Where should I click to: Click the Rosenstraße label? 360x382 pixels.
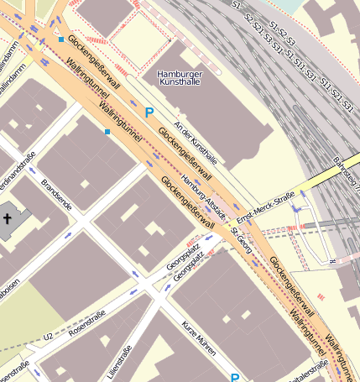87,322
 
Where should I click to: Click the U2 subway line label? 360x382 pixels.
48,338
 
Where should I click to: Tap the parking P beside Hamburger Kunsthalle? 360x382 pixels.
149,113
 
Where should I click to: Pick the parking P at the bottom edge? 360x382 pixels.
235,378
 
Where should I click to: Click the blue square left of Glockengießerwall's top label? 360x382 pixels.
61,39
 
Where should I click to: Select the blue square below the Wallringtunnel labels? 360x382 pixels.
107,132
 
